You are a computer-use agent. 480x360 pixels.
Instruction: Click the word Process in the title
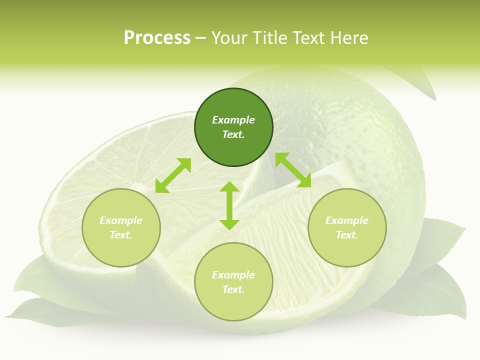pyautogui.click(x=157, y=38)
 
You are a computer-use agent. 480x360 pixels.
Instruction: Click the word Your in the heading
pyautogui.click(x=229, y=38)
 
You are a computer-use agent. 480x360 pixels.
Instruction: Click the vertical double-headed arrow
pyautogui.click(x=229, y=205)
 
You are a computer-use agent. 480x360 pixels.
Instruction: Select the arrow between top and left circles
pyautogui.click(x=173, y=175)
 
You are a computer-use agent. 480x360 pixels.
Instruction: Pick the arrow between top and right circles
pyautogui.click(x=293, y=170)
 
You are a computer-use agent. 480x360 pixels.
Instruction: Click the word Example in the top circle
pyautogui.click(x=233, y=120)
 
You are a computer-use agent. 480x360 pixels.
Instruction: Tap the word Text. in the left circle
pyautogui.click(x=121, y=235)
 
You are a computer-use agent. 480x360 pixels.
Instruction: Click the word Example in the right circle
pyautogui.click(x=347, y=220)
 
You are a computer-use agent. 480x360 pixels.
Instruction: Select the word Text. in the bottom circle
pyautogui.click(x=233, y=289)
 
